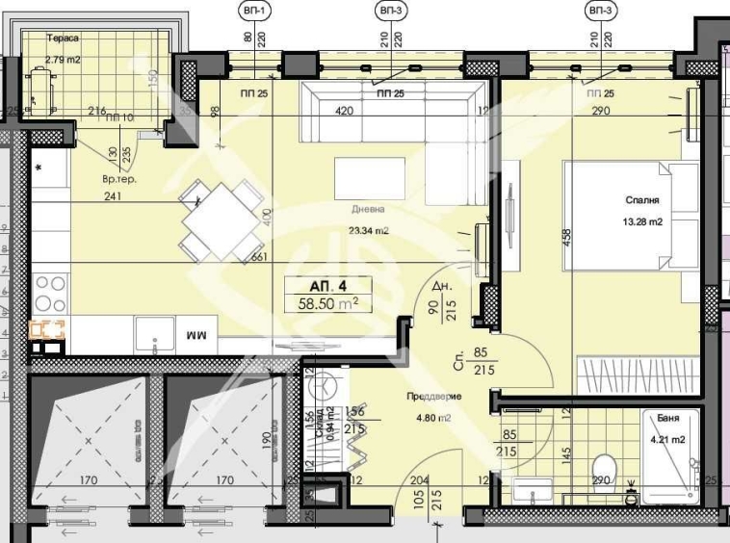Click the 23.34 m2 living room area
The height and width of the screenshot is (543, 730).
[x=368, y=230]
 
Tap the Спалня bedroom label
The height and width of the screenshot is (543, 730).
[x=640, y=201]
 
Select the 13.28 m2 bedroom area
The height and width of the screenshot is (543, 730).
[x=641, y=221]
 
